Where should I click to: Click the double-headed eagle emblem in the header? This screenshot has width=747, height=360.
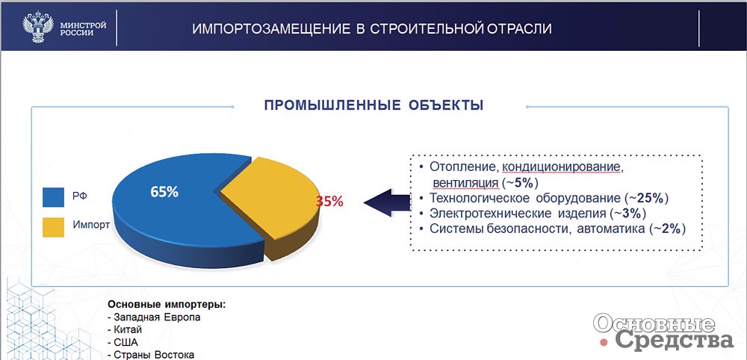[38, 27]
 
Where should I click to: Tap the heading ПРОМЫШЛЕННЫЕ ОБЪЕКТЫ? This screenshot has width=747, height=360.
[374, 105]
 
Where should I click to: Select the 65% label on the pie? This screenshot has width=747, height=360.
[164, 192]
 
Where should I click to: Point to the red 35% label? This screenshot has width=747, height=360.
[329, 202]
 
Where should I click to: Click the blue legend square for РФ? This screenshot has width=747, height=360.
[53, 196]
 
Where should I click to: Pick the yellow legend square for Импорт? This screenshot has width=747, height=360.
[53, 227]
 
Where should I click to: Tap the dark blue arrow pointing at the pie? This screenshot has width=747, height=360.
[386, 202]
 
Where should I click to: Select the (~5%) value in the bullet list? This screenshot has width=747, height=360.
[520, 183]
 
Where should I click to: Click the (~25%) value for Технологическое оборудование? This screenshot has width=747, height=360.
[646, 198]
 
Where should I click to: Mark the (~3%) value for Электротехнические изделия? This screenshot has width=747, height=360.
[628, 214]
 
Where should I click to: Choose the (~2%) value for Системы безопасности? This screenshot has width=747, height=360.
[666, 229]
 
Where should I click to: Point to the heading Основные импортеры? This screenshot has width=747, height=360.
[167, 305]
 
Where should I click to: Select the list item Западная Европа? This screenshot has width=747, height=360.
[154, 317]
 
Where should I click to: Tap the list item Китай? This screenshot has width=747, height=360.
[125, 330]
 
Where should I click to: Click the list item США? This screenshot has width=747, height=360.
[123, 342]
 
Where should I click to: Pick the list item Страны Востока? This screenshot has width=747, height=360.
[151, 355]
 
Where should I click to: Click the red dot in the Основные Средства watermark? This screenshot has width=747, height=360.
[604, 342]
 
